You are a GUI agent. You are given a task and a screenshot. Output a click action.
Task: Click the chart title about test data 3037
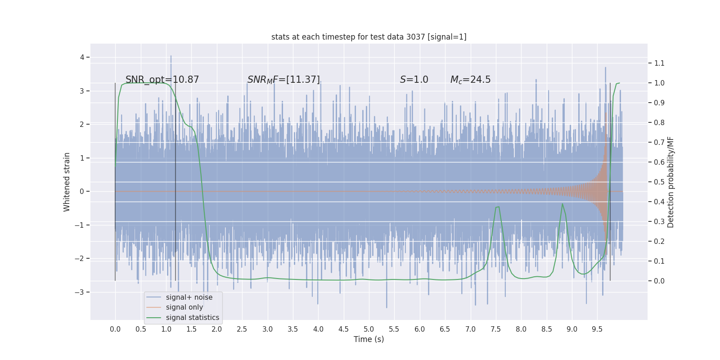click(369, 37)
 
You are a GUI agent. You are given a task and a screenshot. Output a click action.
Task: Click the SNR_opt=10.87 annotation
click(162, 80)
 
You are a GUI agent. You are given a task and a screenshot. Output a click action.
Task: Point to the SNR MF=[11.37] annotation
click(283, 80)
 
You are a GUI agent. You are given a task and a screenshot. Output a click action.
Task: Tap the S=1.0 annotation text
click(414, 80)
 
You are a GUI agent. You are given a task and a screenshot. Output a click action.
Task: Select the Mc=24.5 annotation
click(470, 80)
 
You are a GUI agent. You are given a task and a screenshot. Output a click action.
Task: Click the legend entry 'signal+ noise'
click(189, 297)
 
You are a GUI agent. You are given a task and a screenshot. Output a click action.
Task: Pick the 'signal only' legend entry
click(184, 307)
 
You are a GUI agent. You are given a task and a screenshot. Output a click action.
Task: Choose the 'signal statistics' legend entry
click(192, 318)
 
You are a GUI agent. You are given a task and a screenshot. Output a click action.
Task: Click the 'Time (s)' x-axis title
click(369, 339)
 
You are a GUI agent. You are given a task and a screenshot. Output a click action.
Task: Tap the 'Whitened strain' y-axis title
click(67, 182)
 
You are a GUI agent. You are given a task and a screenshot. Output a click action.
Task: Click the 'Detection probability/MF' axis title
click(670, 182)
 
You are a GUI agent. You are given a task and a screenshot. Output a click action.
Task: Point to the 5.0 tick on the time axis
click(369, 329)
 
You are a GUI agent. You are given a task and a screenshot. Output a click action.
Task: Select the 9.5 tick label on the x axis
click(597, 329)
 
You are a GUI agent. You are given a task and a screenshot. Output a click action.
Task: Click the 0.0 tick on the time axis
click(115, 329)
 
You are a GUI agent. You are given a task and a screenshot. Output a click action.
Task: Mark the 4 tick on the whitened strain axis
click(82, 57)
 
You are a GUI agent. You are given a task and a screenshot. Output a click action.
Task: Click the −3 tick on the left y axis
click(80, 292)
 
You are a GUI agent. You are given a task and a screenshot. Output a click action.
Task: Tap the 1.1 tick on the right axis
click(659, 63)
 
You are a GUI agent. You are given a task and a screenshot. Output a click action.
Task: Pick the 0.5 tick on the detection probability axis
click(659, 182)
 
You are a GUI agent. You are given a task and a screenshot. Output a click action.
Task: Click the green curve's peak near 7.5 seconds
click(497, 207)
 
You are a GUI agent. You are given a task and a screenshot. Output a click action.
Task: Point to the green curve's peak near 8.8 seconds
click(562, 204)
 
